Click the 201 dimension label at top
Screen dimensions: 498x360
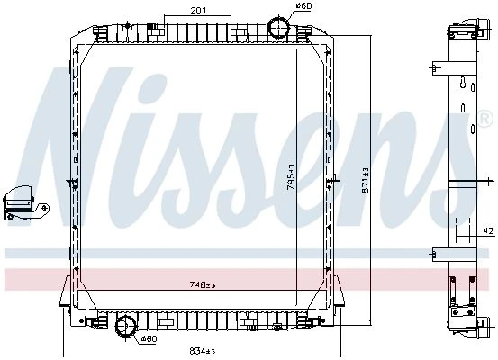[x=198, y=10]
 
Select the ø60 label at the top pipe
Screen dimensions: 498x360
[x=303, y=5]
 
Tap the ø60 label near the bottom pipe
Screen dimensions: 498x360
[x=149, y=339]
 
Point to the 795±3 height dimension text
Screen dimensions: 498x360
[x=291, y=177]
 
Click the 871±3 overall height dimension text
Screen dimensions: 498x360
[x=366, y=180]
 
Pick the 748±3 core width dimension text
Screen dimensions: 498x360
[x=203, y=284]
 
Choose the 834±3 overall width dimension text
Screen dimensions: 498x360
[x=203, y=351]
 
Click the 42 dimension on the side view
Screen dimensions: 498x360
[x=490, y=230]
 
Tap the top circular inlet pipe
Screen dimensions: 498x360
[x=278, y=27]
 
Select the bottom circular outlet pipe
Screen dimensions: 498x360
[x=126, y=326]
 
